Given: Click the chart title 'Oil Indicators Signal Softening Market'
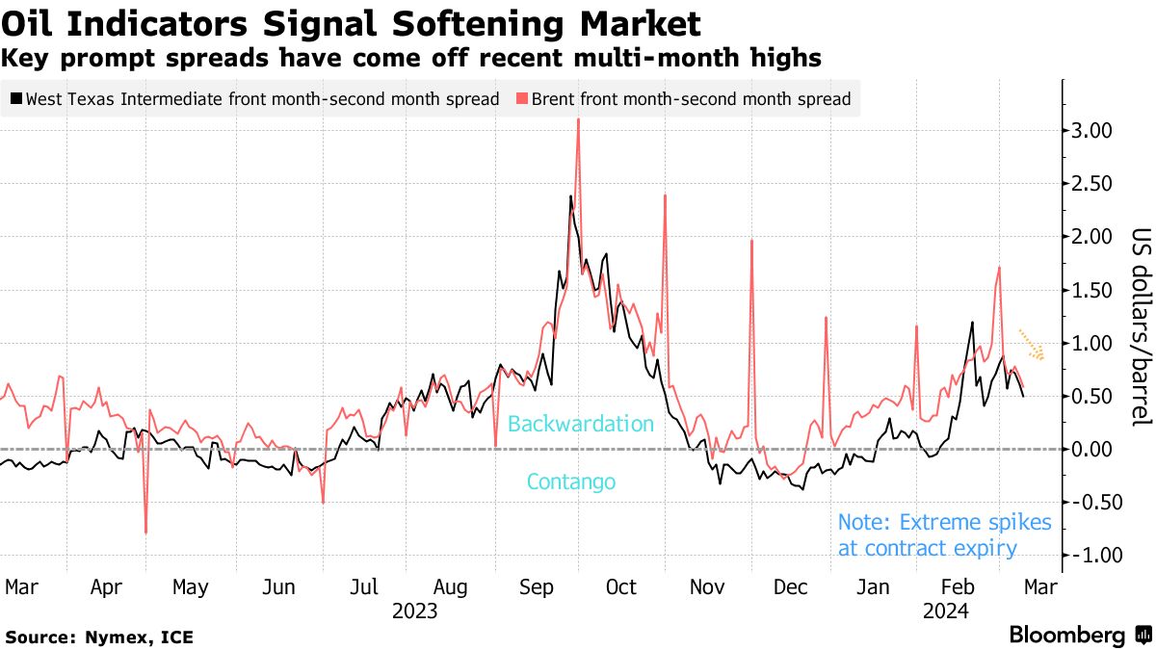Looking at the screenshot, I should pyautogui.click(x=351, y=21).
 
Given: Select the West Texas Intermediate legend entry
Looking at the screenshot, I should pyautogui.click(x=254, y=98).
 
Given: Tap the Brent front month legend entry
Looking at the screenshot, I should pyautogui.click(x=684, y=98).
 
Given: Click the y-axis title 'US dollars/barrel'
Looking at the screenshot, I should pyautogui.click(x=1141, y=327).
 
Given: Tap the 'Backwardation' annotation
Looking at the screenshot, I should pyautogui.click(x=580, y=424).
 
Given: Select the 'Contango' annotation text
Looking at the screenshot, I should pyautogui.click(x=570, y=482).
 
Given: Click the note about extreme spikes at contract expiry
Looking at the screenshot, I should pyautogui.click(x=944, y=535).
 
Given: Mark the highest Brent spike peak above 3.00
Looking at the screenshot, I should pyautogui.click(x=578, y=119).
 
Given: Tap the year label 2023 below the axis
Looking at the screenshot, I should pyautogui.click(x=414, y=611).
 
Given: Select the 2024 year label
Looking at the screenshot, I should pyautogui.click(x=945, y=611).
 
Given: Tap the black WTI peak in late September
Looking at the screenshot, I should pyautogui.click(x=570, y=196).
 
